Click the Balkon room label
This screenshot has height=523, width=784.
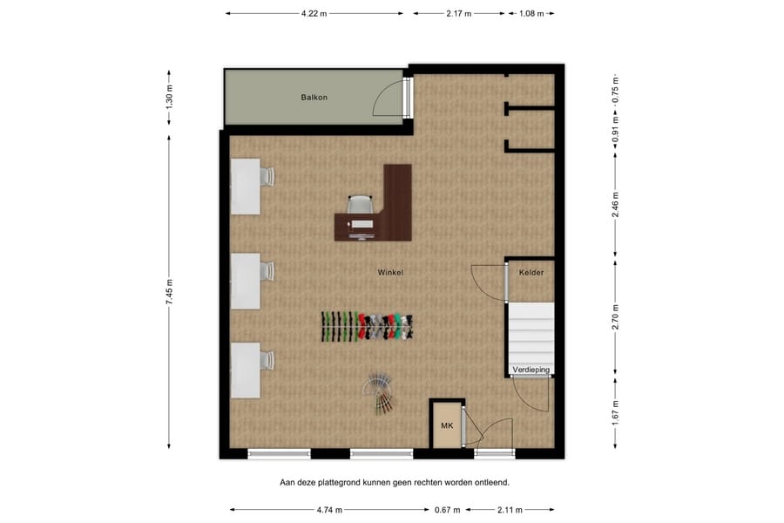pyautogui.click(x=314, y=98)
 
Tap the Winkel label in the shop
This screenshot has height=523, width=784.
pyautogui.click(x=390, y=273)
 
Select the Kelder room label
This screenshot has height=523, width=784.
pyautogui.click(x=531, y=273)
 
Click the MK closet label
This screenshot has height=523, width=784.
pyautogui.click(x=447, y=425)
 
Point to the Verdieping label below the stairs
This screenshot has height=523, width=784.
pyautogui.click(x=531, y=370)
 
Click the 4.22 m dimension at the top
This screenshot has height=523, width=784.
pyautogui.click(x=314, y=14)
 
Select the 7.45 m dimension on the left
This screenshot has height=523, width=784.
pyautogui.click(x=171, y=290)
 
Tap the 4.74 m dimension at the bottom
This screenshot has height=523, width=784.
pyautogui.click(x=329, y=510)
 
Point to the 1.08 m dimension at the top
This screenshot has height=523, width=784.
pyautogui.click(x=531, y=14)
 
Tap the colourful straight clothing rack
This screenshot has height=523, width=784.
pyautogui.click(x=369, y=326)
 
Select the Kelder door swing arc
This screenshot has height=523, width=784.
pyautogui.click(x=486, y=281)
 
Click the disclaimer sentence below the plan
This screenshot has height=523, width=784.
pyautogui.click(x=394, y=481)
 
